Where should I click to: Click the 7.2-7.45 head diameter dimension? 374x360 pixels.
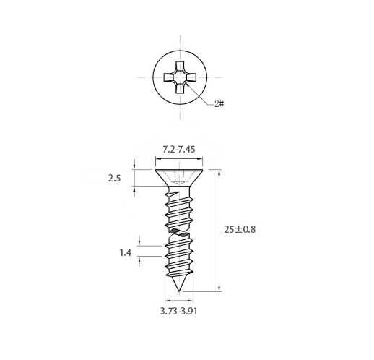point(179,150)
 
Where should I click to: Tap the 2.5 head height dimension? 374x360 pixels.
point(114,179)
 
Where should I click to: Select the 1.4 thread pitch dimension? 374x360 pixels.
point(126,252)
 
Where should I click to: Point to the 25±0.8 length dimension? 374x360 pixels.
point(240,229)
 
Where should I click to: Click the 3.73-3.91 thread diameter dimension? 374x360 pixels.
point(178,311)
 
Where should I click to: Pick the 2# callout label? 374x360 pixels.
point(219,104)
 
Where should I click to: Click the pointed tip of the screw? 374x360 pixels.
point(179,291)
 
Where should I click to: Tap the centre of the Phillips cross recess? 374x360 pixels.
point(180,77)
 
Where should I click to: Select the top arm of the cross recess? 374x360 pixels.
point(180,67)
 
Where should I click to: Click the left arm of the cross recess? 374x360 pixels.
point(169,77)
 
